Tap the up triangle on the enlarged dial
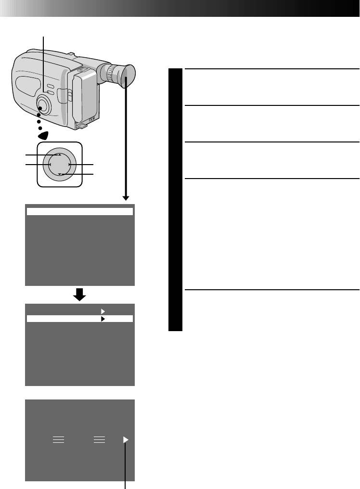(x=60, y=155)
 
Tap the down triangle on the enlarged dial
(x=60, y=174)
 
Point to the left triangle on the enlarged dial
(x=50, y=165)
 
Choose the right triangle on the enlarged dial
(x=69, y=165)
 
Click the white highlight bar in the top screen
(x=79, y=211)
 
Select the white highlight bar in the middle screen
(x=79, y=319)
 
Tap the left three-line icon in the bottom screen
(x=58, y=439)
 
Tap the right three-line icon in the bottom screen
(x=99, y=439)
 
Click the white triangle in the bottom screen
(x=126, y=439)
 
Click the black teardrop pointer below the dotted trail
(x=43, y=136)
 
